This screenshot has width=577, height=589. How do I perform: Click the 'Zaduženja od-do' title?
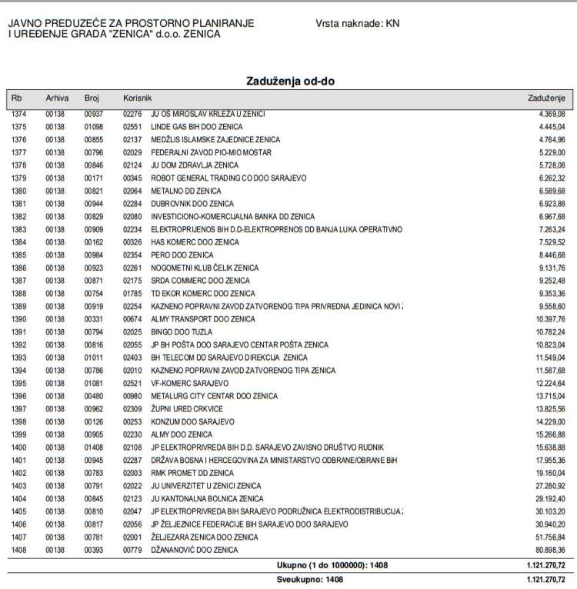pyautogui.click(x=290, y=81)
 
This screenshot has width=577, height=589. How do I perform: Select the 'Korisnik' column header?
pyautogui.click(x=138, y=98)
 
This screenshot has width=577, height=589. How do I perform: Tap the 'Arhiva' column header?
pyautogui.click(x=57, y=98)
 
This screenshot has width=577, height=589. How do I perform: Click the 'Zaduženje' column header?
pyautogui.click(x=546, y=98)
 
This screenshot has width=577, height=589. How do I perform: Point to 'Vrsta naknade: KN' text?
pyautogui.click(x=357, y=24)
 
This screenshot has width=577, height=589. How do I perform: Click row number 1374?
pyautogui.click(x=18, y=114)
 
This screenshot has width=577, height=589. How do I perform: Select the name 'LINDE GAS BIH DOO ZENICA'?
pyautogui.click(x=196, y=127)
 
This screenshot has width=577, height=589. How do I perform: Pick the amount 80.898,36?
pyautogui.click(x=547, y=550)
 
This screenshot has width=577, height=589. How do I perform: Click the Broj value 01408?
pyautogui.click(x=93, y=447)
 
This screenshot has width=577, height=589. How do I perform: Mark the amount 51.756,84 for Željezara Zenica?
pyautogui.click(x=547, y=537)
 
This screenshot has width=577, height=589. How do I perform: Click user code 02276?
pyautogui.click(x=132, y=114)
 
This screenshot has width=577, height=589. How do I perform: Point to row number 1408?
pyautogui.click(x=18, y=550)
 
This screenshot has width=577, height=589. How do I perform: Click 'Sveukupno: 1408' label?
pyautogui.click(x=310, y=578)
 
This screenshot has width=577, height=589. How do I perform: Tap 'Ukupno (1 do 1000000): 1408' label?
pyautogui.click(x=332, y=565)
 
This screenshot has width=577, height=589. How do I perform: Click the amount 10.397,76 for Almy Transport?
pyautogui.click(x=547, y=319)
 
